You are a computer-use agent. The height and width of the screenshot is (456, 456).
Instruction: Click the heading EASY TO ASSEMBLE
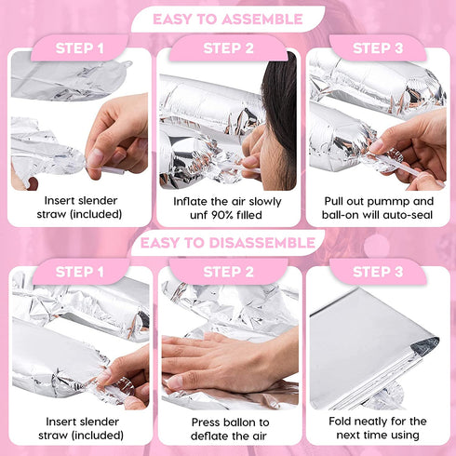click(x=228, y=20)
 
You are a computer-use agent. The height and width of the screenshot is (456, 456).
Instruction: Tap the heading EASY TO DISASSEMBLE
click(x=228, y=243)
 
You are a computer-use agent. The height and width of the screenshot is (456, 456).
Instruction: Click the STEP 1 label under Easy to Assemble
click(x=79, y=48)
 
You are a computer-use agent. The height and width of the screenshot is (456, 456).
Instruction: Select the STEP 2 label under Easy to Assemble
click(x=228, y=48)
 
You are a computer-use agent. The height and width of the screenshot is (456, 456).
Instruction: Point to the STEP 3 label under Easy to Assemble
click(x=378, y=48)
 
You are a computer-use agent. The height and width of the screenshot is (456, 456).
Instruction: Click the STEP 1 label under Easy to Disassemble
click(x=79, y=272)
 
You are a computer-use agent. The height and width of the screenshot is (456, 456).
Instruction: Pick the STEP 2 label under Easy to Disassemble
click(x=228, y=272)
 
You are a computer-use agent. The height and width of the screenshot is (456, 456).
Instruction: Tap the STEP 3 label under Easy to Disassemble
click(x=378, y=272)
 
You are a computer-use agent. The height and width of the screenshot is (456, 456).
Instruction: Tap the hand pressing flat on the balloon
click(x=225, y=361)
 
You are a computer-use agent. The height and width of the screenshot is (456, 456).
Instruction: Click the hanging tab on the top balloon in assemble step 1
click(x=127, y=64)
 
